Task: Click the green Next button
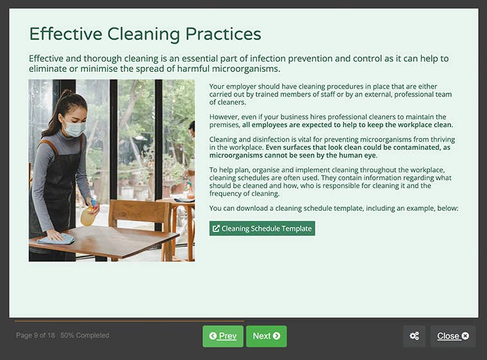point(266,336)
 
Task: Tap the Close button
point(452,336)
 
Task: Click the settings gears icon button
point(414,336)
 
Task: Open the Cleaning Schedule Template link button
point(262,228)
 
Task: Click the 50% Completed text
point(85,336)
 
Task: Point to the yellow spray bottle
point(89,215)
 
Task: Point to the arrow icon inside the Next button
point(276,336)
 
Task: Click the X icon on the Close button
point(465,336)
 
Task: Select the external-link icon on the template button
point(216,228)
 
